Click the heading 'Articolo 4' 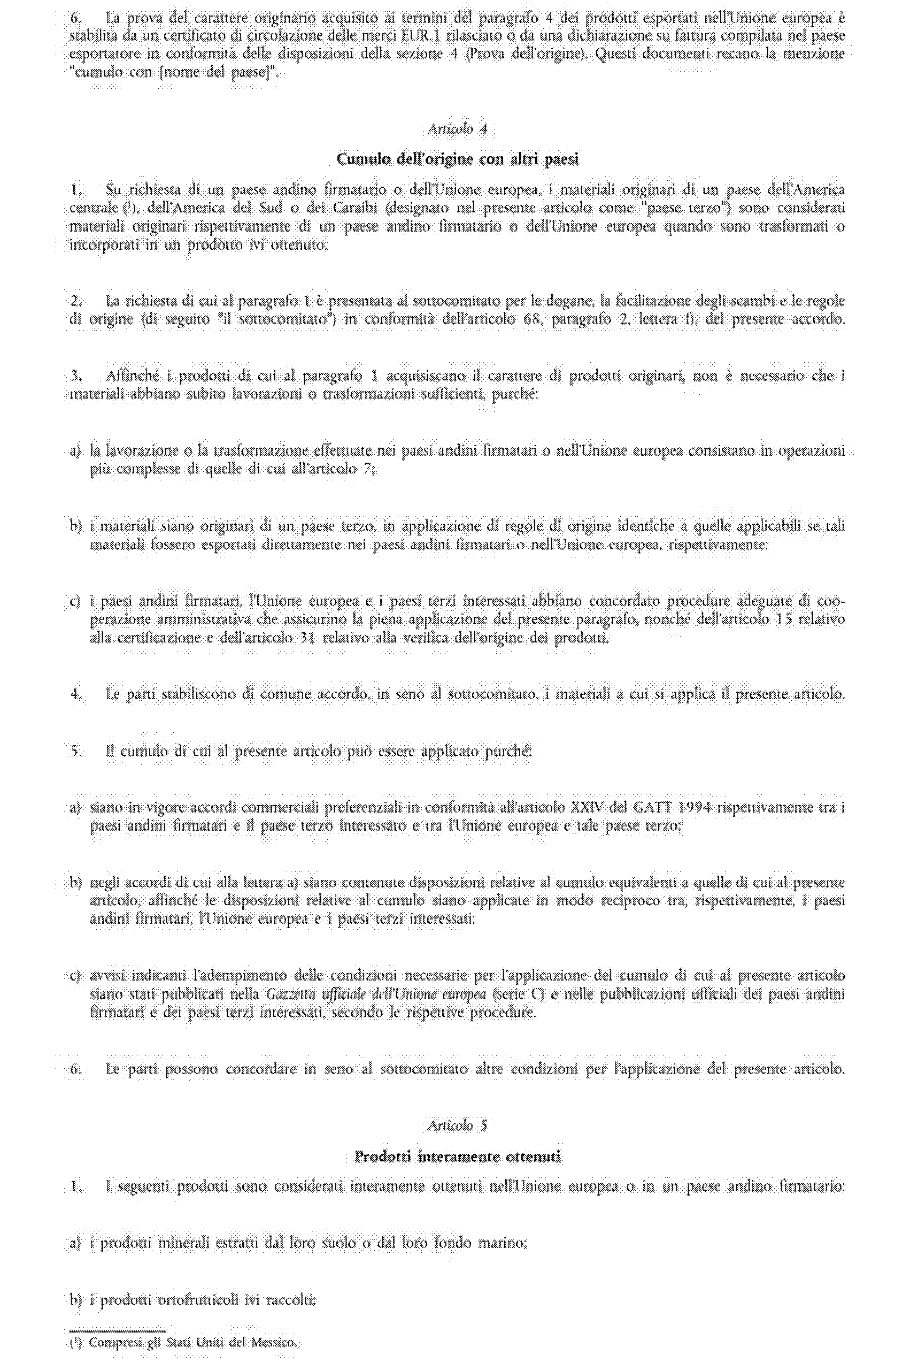click(x=457, y=129)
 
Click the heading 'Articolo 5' click(x=457, y=1125)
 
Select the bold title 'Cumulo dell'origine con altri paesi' click(x=457, y=159)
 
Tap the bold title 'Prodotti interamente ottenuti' click(x=457, y=1157)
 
